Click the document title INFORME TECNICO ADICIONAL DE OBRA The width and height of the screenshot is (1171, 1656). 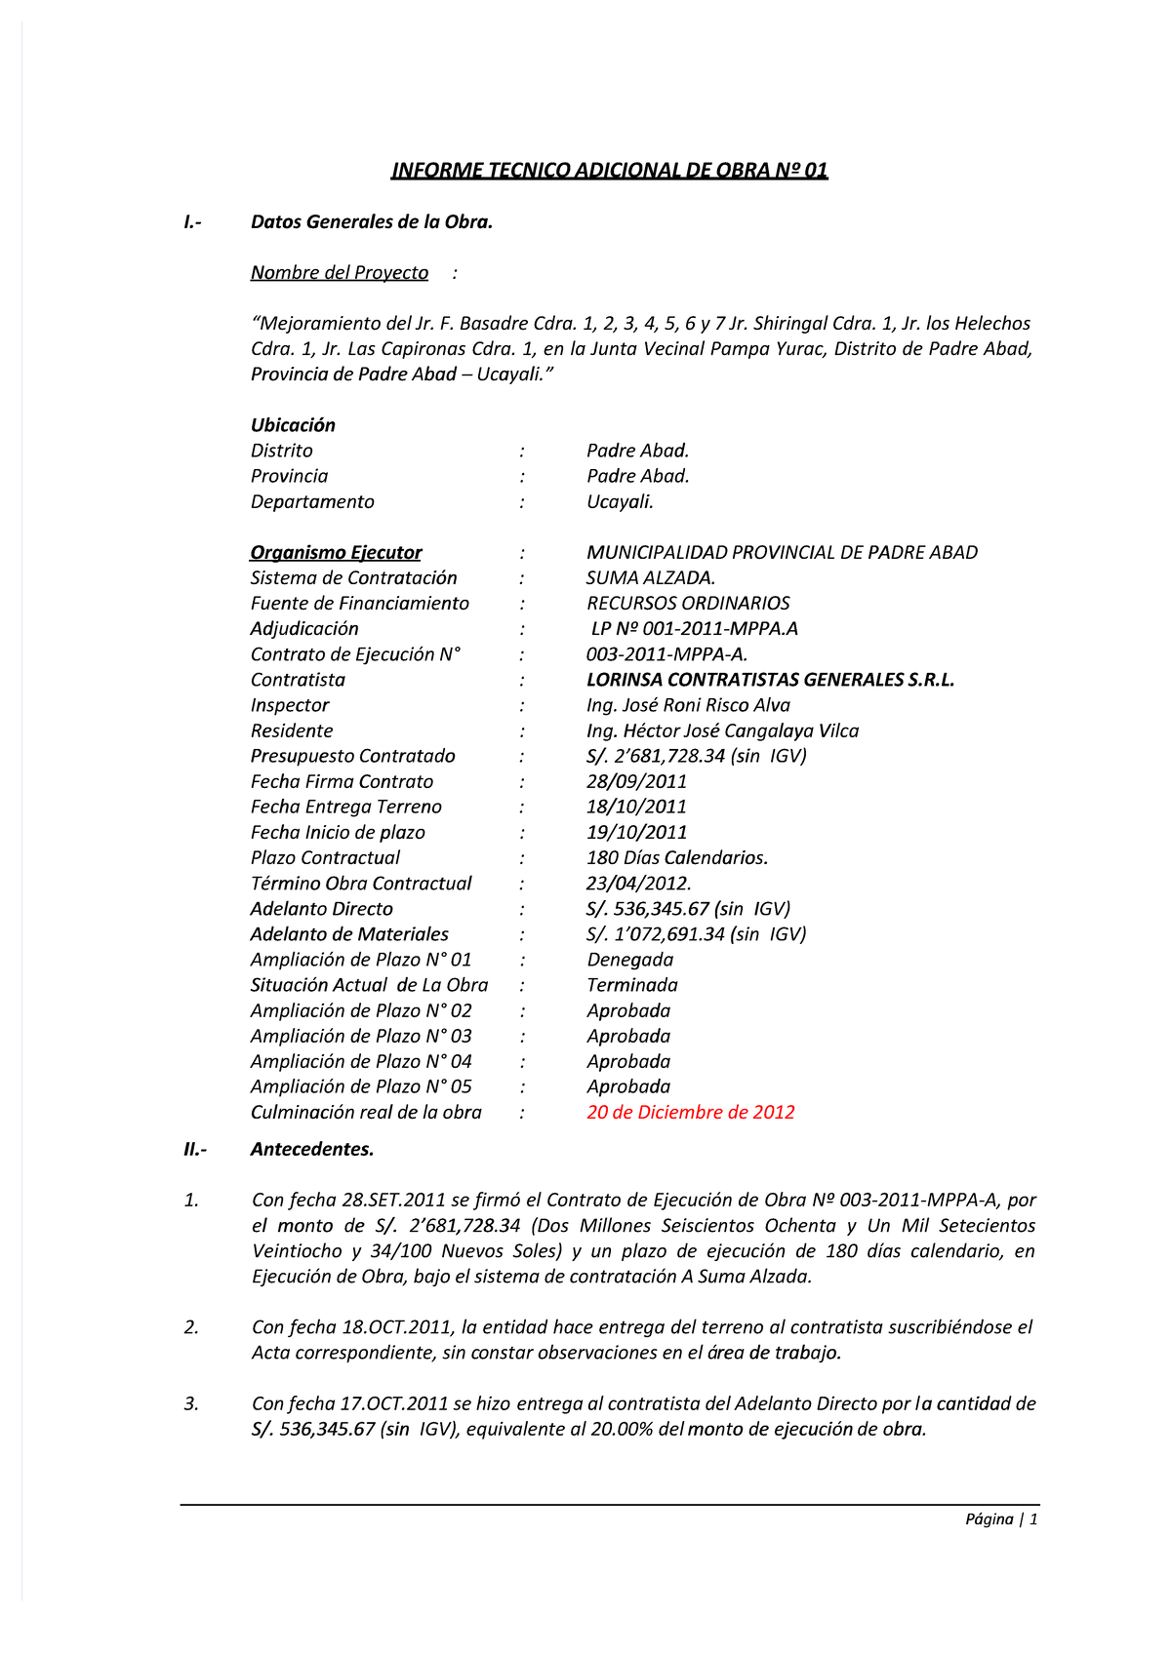(x=609, y=171)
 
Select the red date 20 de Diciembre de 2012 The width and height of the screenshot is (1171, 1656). (x=690, y=1113)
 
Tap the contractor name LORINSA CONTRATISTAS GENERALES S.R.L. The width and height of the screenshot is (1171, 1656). (x=770, y=680)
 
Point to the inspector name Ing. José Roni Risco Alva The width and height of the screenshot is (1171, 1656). (x=688, y=705)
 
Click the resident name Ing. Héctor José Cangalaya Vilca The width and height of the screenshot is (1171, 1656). (x=722, y=730)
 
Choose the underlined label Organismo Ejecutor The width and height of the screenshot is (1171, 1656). (x=336, y=553)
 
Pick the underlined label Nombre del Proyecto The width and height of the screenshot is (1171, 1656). (x=339, y=273)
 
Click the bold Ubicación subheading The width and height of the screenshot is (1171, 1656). (x=293, y=425)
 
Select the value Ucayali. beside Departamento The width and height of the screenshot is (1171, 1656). (x=620, y=502)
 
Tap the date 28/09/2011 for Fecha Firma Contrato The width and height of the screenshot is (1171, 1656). (x=636, y=782)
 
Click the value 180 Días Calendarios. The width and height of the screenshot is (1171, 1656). (x=677, y=858)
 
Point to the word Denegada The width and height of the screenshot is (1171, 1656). (x=629, y=960)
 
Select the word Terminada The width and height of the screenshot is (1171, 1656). (x=631, y=985)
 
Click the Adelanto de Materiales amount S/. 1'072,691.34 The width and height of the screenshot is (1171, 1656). (x=696, y=934)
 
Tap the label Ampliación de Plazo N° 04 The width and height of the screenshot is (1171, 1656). (x=360, y=1061)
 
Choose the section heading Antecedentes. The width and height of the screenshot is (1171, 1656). (x=312, y=1150)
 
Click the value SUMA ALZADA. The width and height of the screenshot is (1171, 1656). (x=650, y=578)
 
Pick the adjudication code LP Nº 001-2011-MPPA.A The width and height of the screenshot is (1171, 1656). (x=694, y=629)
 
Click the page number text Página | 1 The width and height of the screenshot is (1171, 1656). (x=1001, y=1519)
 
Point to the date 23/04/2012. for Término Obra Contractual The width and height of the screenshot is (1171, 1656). (x=638, y=884)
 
